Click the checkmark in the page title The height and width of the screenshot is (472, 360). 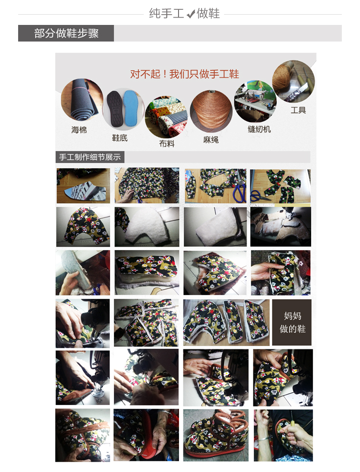[191, 14]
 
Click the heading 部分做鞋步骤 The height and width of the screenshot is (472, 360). [66, 33]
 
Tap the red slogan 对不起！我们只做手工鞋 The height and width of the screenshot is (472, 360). [184, 74]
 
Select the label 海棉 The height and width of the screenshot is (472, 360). [79, 130]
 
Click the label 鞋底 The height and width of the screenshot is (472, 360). [120, 138]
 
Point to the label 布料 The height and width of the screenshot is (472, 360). [167, 144]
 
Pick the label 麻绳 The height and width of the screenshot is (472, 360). [211, 140]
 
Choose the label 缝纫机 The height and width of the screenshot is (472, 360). [259, 129]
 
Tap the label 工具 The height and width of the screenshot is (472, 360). [298, 110]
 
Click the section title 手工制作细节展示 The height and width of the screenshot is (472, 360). [90, 157]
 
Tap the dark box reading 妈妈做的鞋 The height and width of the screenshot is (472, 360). [292, 322]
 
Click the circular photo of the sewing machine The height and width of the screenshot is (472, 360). [255, 102]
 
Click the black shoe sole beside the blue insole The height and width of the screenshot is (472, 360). [115, 108]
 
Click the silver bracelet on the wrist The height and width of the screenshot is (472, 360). [263, 439]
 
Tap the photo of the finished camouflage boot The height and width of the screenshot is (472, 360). [216, 435]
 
